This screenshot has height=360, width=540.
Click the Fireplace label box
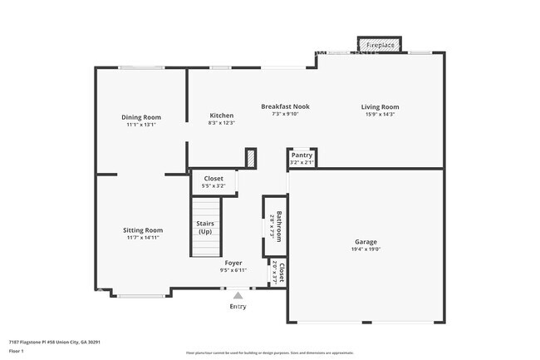point(380,44)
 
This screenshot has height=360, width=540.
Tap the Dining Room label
point(141,117)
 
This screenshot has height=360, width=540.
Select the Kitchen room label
point(221,116)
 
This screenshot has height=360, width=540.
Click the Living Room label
point(380,106)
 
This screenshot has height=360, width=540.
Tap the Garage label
point(366,243)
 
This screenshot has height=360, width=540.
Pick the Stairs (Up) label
point(204,227)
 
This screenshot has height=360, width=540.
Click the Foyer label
point(233,263)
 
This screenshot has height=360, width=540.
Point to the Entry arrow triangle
point(238,294)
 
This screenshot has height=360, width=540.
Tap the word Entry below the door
point(238,307)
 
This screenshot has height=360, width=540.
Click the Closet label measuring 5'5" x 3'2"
point(214,179)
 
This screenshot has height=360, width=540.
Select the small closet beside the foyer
point(282,272)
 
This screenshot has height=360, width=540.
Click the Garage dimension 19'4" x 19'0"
point(366,249)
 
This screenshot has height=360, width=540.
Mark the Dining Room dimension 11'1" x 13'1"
point(141,124)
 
